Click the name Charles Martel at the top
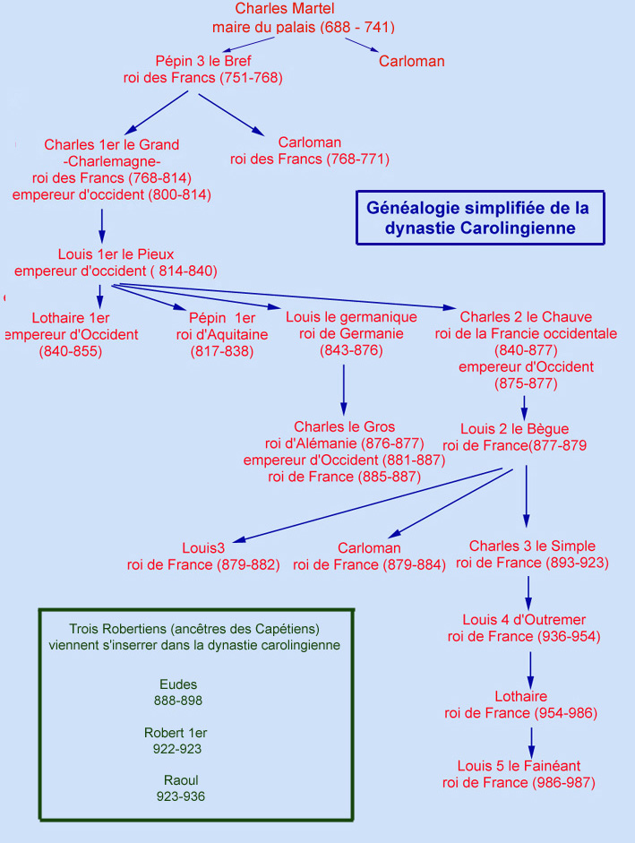tap(303, 9)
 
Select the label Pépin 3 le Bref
tap(202, 61)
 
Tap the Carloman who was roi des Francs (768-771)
tap(309, 143)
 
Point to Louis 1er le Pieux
tap(116, 254)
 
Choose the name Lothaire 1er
tap(71, 317)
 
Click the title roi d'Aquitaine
tap(222, 334)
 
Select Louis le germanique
tap(351, 317)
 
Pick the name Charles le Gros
tap(344, 426)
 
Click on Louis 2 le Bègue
tap(515, 429)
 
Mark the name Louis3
tap(203, 547)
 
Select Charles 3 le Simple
tap(532, 546)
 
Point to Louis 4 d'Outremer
tap(524, 620)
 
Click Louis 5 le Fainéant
tap(519, 766)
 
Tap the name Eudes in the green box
tap(178, 685)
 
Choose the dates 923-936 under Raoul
tap(181, 796)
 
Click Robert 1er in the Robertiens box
tap(176, 733)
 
